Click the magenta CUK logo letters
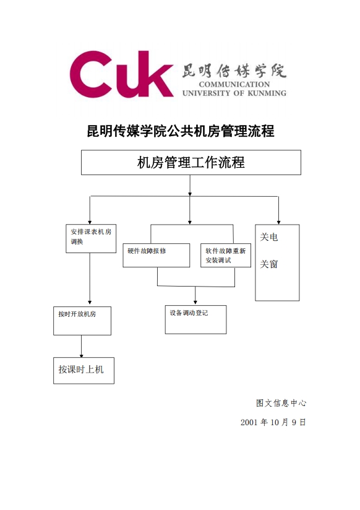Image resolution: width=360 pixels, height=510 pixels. (122, 74)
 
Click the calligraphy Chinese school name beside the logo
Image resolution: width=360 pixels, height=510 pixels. (234, 71)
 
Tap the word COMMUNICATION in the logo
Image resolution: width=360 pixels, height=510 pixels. (234, 85)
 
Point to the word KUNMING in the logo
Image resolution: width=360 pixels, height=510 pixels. (267, 93)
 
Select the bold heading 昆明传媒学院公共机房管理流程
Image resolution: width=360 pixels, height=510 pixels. (181, 131)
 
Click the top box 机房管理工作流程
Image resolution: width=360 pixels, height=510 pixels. (191, 162)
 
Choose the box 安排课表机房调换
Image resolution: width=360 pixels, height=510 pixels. (91, 238)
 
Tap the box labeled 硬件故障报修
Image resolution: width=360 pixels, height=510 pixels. (156, 256)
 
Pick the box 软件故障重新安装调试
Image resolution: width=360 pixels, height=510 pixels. (226, 256)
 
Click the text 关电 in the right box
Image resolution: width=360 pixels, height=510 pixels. (269, 237)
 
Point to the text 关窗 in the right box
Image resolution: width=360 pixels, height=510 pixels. (269, 264)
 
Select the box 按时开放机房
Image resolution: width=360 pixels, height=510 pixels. (82, 321)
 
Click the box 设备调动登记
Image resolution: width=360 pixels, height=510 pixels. (195, 319)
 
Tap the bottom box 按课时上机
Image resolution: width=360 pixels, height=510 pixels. (84, 371)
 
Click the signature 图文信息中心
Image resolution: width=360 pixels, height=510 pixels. (281, 403)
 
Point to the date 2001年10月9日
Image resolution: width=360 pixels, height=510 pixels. (273, 422)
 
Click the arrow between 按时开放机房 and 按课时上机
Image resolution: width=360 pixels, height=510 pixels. (81, 347)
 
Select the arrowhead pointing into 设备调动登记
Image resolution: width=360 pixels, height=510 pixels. (195, 303)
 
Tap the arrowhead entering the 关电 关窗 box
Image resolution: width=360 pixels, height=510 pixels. (278, 222)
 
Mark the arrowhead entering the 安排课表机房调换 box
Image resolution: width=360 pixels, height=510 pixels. (90, 222)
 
